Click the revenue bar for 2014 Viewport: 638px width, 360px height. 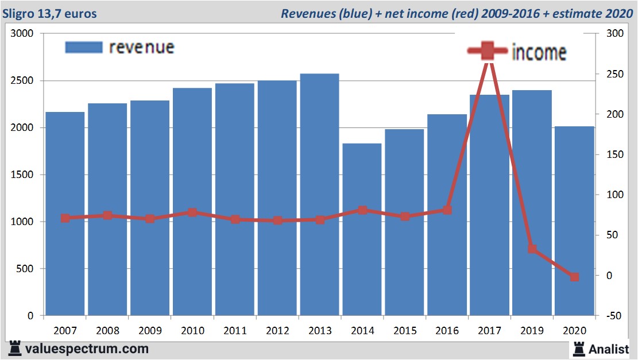362,230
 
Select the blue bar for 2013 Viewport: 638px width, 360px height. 319,195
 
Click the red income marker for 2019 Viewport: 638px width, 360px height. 532,249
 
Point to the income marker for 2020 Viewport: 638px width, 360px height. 574,277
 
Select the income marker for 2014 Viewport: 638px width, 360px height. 362,210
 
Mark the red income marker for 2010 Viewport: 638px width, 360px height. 192,212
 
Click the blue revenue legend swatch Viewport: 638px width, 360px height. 83,47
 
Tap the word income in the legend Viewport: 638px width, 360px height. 539,52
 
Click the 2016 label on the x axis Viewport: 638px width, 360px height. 447,331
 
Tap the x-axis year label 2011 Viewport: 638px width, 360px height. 235,331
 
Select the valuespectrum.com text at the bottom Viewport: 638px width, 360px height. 87,349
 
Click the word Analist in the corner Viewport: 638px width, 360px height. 609,349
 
